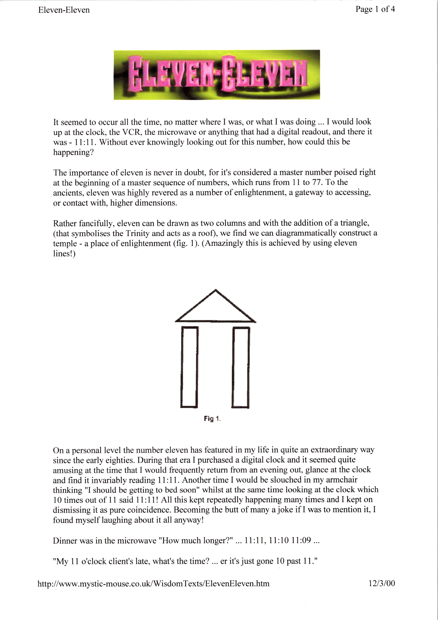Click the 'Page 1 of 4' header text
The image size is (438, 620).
pos(375,9)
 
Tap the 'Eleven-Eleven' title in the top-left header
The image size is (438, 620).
pos(64,10)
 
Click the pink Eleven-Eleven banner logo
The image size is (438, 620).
pos(217,75)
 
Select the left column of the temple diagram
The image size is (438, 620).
pos(189,367)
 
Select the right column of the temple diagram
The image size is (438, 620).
pos(241,367)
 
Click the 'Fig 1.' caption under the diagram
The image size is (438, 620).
pos(212,419)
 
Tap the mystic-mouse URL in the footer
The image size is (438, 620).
pos(153,584)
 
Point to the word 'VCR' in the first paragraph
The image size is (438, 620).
pos(132,132)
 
